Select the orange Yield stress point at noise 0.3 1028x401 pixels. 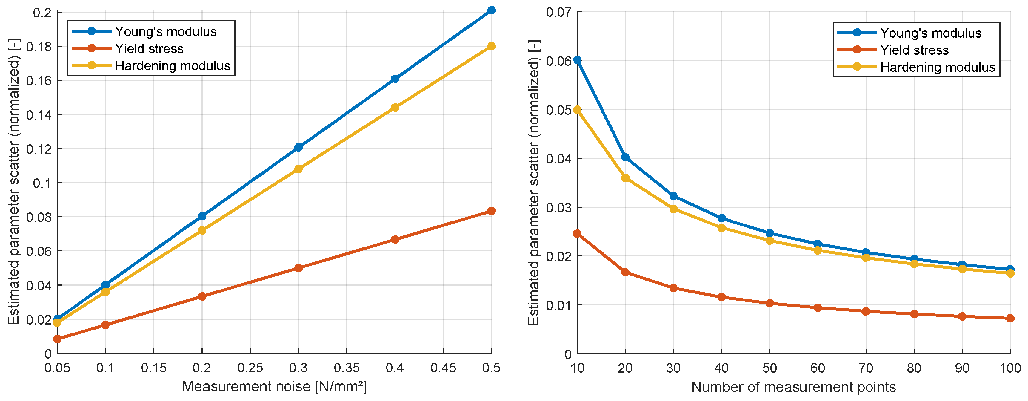(298, 268)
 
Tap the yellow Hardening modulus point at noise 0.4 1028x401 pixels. (395, 108)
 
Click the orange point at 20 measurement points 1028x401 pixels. (625, 273)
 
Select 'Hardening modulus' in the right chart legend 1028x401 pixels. (938, 67)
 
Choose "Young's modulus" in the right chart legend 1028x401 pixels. (931, 33)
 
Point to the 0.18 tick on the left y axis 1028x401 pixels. (39, 47)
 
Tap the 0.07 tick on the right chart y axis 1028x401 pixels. (559, 12)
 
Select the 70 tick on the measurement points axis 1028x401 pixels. (866, 368)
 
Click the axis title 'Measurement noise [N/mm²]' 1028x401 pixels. (274, 387)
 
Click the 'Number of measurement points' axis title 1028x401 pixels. (793, 387)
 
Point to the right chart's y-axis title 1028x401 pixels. (534, 183)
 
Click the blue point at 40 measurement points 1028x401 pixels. (721, 218)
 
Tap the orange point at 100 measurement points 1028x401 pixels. (1010, 318)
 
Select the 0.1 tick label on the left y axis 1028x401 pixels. (42, 183)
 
